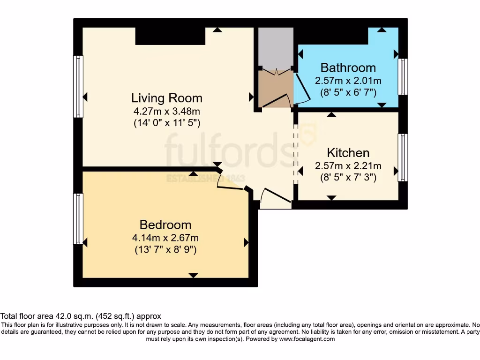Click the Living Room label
[167, 98]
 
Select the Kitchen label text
[348, 153]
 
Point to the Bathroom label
[348, 67]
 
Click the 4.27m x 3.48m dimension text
[167, 112]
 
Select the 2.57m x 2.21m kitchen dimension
[348, 166]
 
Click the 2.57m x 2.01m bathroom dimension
[348, 81]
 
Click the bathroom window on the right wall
[403, 77]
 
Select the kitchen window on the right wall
[403, 157]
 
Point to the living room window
[78, 87]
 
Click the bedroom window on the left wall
[78, 218]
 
